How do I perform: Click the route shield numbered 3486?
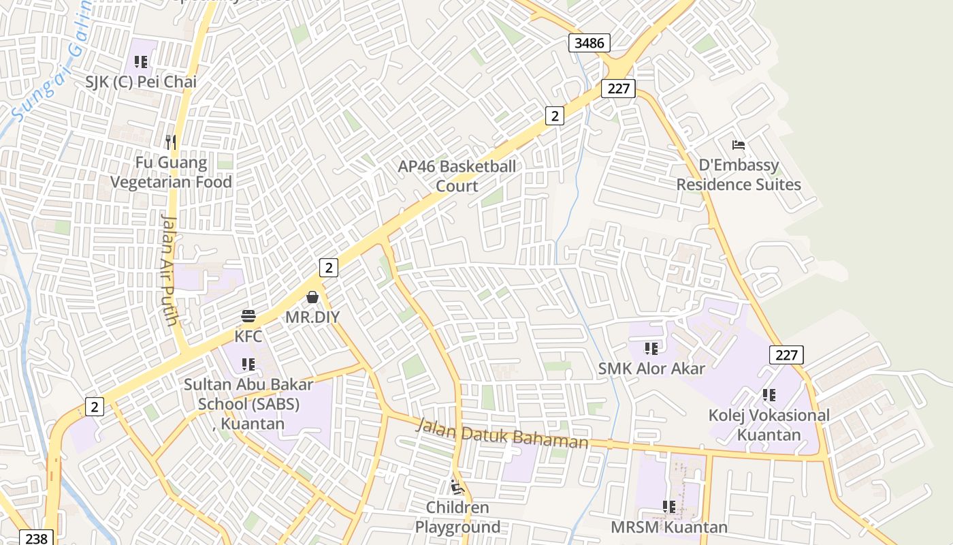coord(589,43)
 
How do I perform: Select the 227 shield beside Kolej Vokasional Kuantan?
coord(786,354)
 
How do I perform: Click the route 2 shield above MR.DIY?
coord(329,267)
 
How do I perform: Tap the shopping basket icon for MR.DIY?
coord(312,297)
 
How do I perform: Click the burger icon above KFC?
coord(248,316)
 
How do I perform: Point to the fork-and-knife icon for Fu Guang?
coord(171,142)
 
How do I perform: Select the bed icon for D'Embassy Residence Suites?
coord(739,145)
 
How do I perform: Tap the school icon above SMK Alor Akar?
coord(651,349)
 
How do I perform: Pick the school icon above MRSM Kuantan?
coord(669,507)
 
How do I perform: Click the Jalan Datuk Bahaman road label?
coord(502,433)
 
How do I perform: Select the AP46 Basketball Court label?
coord(457,176)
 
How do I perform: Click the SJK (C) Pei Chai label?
coord(141,82)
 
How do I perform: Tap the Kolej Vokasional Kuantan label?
coord(769,424)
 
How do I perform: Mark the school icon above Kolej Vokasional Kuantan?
coord(769,395)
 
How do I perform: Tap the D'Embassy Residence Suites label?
coord(739,175)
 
